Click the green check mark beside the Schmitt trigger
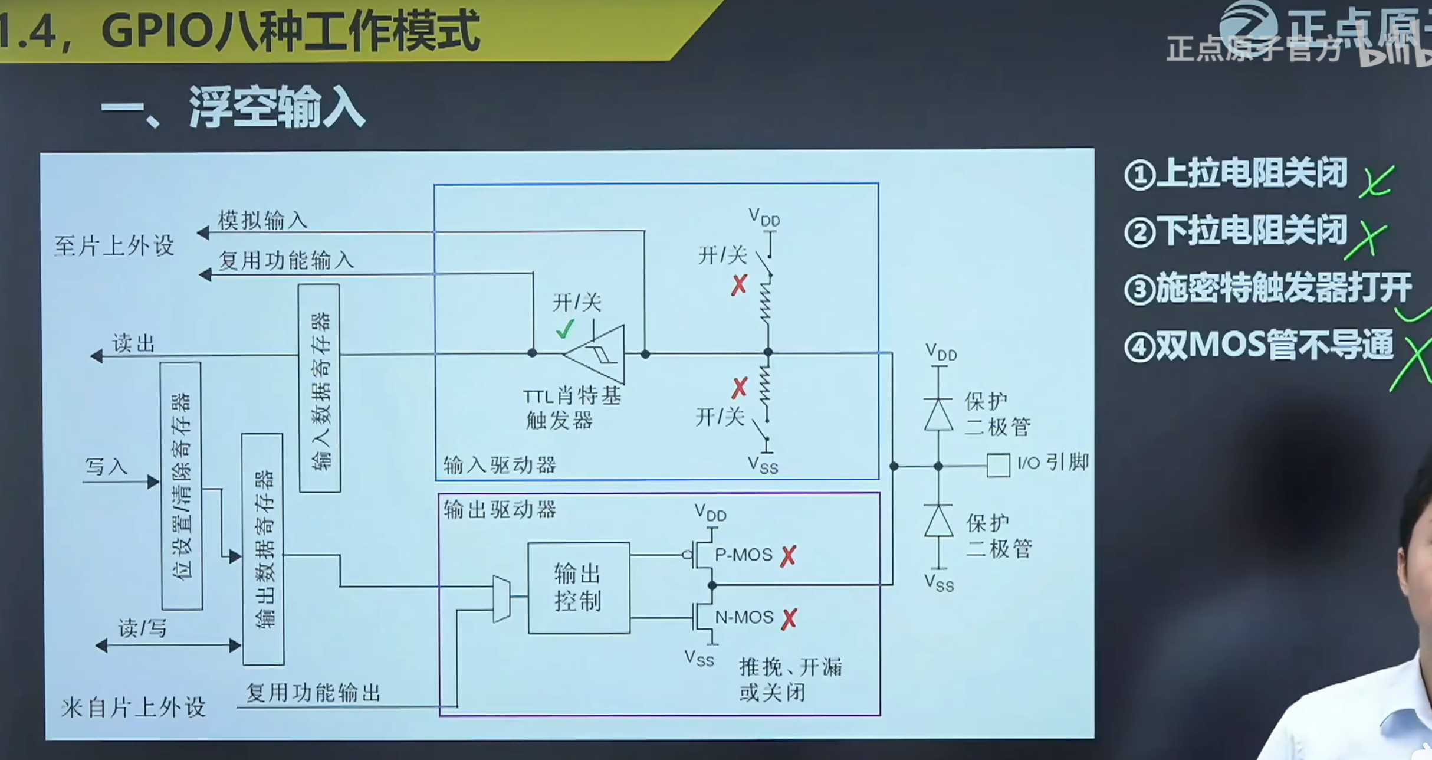pos(565,329)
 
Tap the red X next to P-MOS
pos(788,556)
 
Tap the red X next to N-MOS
pos(789,619)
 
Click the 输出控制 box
pos(579,588)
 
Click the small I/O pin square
pos(998,466)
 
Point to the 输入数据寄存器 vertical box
pos(319,388)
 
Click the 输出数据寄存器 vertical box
pos(263,549)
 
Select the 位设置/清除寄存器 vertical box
pos(182,486)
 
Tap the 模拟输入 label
pos(263,221)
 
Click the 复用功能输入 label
pos(286,260)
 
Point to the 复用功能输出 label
pos(313,693)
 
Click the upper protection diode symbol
pos(938,414)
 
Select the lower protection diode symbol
pos(938,521)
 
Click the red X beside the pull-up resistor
pos(739,285)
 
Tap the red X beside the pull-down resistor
pos(740,388)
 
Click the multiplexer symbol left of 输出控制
pos(501,598)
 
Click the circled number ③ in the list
pos(1139,290)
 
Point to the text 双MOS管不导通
pos(1274,345)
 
